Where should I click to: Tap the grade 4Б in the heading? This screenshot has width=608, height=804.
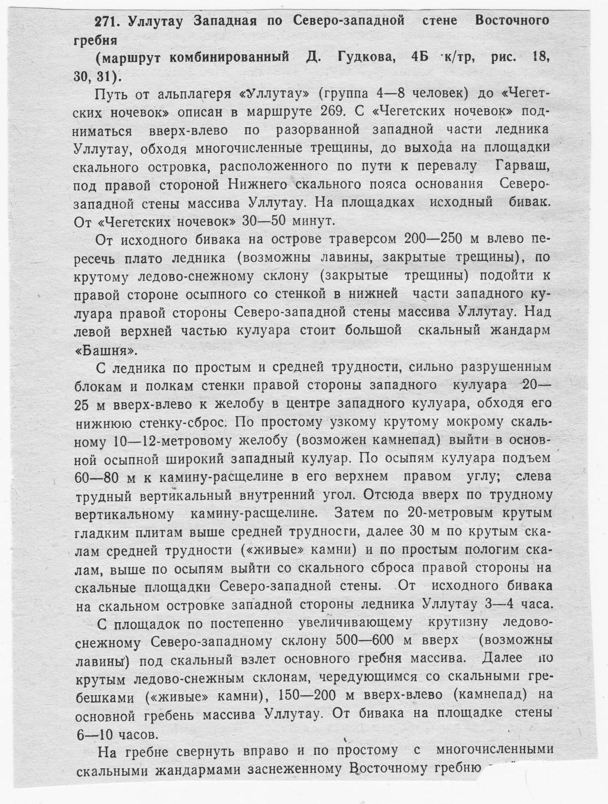coord(419,57)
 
